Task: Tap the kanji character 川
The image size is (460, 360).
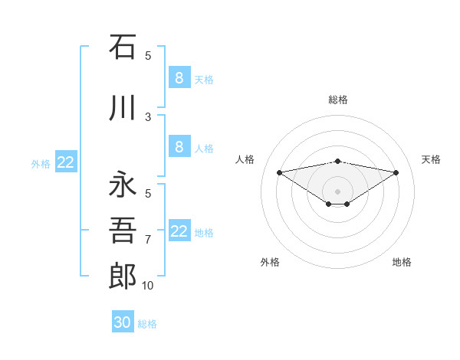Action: [x=123, y=108]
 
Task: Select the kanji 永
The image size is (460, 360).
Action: [x=123, y=185]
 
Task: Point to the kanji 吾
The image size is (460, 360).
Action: [x=123, y=231]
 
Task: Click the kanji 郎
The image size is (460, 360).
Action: [x=123, y=277]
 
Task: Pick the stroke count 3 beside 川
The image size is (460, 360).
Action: [x=148, y=117]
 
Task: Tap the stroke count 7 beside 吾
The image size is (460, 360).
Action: [x=148, y=240]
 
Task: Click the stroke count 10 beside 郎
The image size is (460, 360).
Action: [x=148, y=286]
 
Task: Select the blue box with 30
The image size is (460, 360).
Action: [x=123, y=322]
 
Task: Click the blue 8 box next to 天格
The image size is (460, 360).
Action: [x=179, y=77]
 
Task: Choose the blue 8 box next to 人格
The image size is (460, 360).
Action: [x=179, y=147]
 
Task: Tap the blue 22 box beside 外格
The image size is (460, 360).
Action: [x=66, y=162]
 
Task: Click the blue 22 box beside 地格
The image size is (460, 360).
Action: [x=179, y=231]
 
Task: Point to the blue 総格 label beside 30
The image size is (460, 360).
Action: [x=147, y=324]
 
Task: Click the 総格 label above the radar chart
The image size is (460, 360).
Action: [x=337, y=100]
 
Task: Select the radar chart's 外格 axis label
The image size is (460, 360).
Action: [x=270, y=262]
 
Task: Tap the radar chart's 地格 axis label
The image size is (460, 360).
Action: [x=402, y=262]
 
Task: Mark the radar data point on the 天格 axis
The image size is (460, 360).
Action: [x=396, y=172]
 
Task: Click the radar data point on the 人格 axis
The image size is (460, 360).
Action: [x=279, y=172]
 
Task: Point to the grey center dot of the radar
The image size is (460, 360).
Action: [x=337, y=191]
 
